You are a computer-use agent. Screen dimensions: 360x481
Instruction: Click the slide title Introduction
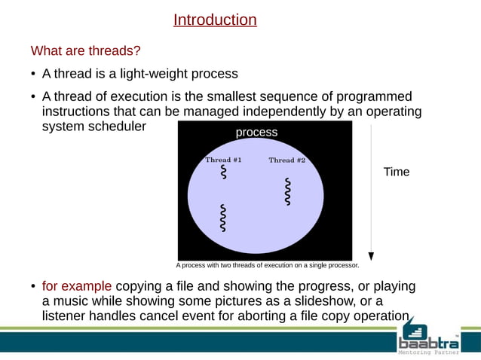coord(215,20)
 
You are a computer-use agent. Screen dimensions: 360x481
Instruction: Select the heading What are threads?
coord(85,51)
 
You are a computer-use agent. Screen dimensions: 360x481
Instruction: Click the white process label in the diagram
coord(256,133)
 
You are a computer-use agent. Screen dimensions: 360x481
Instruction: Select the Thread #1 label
coord(223,160)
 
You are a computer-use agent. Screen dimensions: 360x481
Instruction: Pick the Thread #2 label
coord(286,160)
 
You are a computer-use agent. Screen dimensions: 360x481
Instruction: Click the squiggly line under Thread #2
coord(287,191)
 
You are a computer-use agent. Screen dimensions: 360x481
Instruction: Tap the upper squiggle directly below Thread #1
coord(223,172)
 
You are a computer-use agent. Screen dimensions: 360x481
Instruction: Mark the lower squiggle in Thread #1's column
coord(222,217)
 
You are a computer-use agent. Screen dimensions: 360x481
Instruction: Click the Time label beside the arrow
coord(397,172)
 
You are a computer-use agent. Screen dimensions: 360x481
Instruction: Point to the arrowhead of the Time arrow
coord(372,255)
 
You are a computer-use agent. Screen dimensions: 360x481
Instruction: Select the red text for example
coord(77,286)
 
